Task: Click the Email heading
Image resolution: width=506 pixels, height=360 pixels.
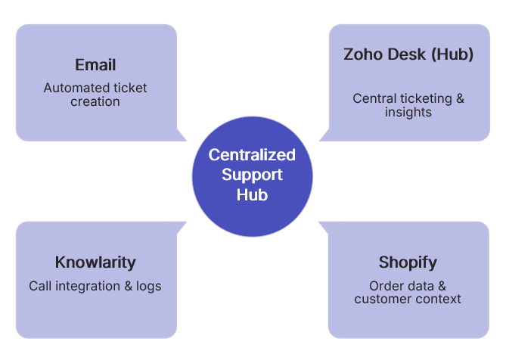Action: coord(95,65)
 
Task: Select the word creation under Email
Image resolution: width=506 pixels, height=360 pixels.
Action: coord(95,101)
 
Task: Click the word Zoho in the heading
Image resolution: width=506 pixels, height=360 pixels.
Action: coord(362,55)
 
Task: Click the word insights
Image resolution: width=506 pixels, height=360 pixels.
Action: coord(408,112)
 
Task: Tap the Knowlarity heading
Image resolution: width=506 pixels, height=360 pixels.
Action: coord(95,262)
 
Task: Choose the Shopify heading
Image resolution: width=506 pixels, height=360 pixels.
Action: coord(408,262)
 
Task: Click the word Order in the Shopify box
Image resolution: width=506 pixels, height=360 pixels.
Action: coord(385,286)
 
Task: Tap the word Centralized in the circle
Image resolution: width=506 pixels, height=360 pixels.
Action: coord(252,155)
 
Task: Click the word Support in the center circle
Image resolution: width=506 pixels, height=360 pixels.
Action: coord(252,175)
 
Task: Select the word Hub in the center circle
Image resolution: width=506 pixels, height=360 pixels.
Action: coord(252,194)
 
